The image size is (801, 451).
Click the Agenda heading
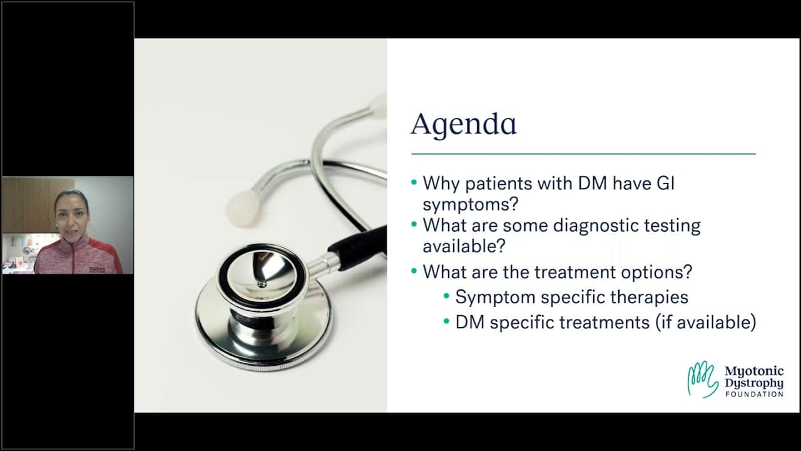(x=464, y=125)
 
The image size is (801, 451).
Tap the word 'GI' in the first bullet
(x=665, y=183)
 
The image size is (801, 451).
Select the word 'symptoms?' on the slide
(x=470, y=205)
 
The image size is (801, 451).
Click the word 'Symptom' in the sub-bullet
(x=495, y=298)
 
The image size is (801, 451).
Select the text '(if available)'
(x=705, y=322)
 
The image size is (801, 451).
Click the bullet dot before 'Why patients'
(x=414, y=182)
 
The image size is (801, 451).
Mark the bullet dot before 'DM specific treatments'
(x=446, y=321)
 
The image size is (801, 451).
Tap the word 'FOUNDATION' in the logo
(x=754, y=394)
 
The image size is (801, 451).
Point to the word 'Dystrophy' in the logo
(x=754, y=383)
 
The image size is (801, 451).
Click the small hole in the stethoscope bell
(x=262, y=284)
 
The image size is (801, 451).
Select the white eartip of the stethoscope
(x=243, y=208)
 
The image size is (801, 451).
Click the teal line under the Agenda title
(x=583, y=154)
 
